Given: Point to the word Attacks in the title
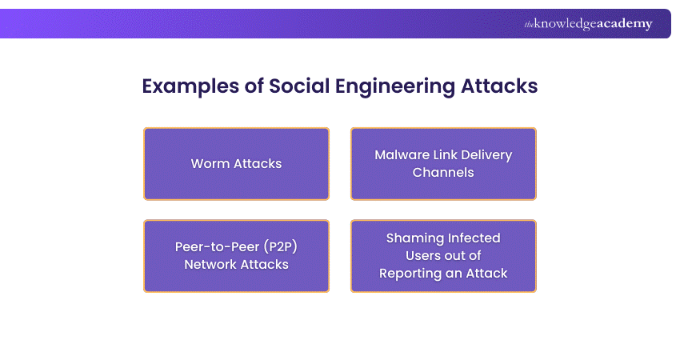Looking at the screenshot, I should [x=499, y=86].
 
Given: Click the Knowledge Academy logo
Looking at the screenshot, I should [x=588, y=24].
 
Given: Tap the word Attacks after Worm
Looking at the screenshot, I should [x=258, y=163].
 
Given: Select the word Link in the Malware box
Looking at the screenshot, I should [x=449, y=154].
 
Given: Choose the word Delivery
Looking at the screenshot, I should [x=490, y=154].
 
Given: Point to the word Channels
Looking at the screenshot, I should [x=443, y=172].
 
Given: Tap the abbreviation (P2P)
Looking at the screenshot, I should [x=273, y=246].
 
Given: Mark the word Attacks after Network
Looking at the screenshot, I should [x=264, y=264].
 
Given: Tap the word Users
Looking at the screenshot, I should [x=425, y=255].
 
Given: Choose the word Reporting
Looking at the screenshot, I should [x=413, y=273].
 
